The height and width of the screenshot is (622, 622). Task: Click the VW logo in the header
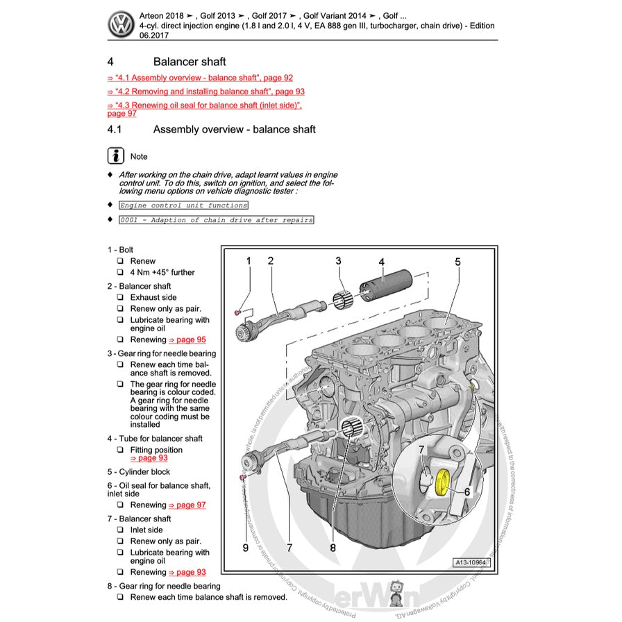click(x=122, y=26)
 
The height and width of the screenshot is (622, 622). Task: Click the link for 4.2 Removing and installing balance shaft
click(x=205, y=92)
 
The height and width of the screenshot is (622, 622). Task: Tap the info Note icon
click(x=116, y=156)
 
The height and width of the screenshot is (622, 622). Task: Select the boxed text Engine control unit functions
click(x=183, y=205)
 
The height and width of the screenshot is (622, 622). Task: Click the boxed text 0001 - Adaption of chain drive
click(x=216, y=220)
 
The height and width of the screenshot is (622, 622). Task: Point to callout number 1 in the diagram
click(x=248, y=261)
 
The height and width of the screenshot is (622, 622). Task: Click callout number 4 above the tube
click(x=381, y=262)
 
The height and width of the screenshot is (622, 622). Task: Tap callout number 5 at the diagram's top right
click(x=458, y=262)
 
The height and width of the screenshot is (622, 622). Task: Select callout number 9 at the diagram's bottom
click(x=245, y=548)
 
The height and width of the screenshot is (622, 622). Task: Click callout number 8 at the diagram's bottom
click(x=333, y=548)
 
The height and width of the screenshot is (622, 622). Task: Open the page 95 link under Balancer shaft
click(x=187, y=340)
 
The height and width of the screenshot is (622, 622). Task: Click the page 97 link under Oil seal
click(x=187, y=505)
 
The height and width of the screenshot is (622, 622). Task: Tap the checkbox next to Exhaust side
click(x=120, y=298)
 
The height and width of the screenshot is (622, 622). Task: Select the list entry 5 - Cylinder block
click(x=138, y=472)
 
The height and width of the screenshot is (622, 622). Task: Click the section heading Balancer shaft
click(x=190, y=62)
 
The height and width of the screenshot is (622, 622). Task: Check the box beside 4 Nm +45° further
click(x=120, y=273)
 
